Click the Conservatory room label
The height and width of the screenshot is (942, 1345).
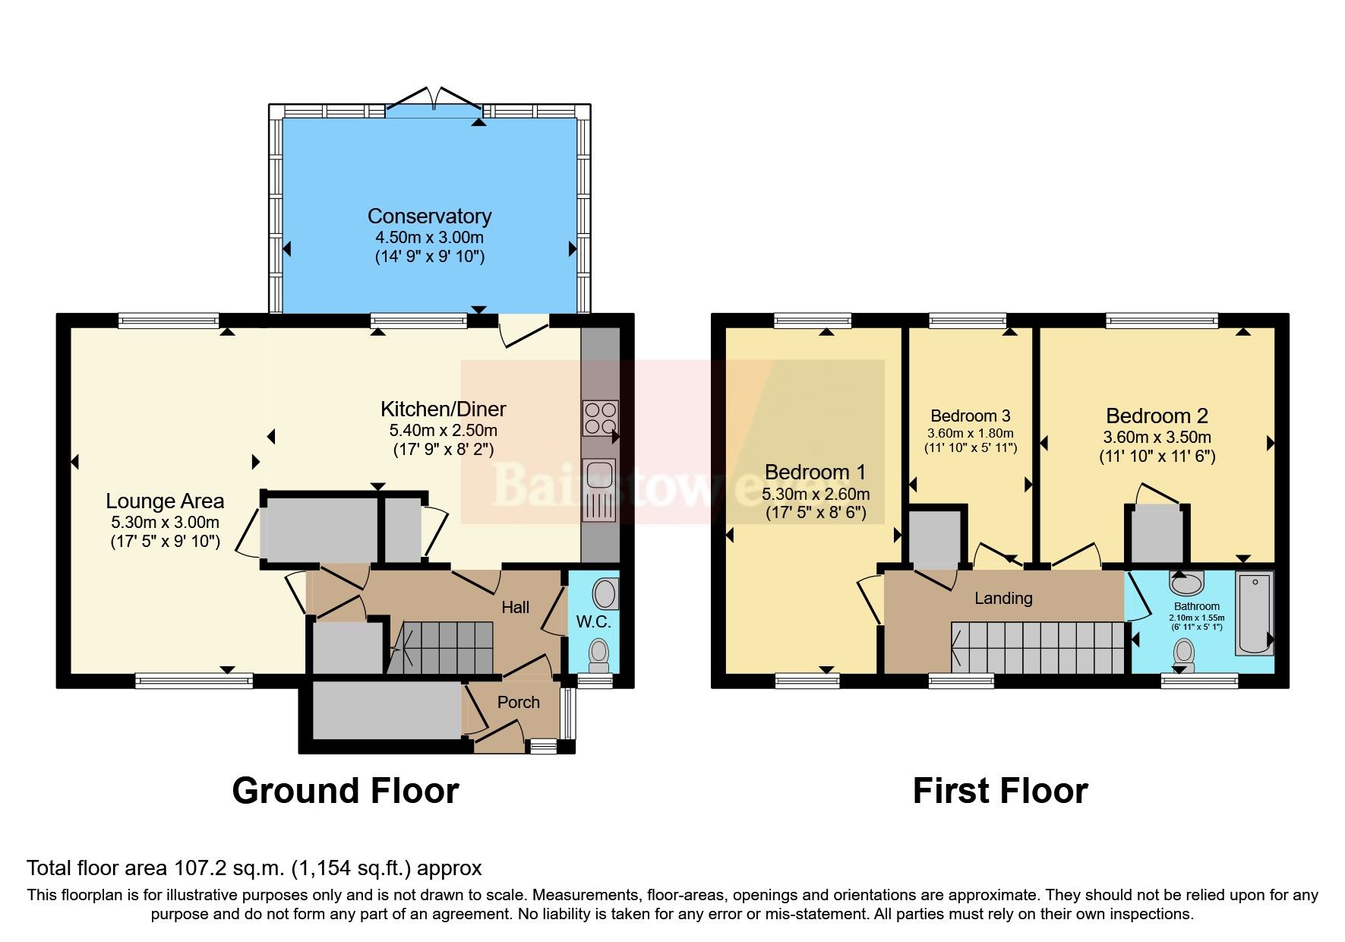pyautogui.click(x=429, y=217)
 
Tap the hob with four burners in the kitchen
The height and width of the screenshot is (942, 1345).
pyautogui.click(x=599, y=418)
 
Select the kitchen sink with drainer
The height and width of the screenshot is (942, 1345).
pyautogui.click(x=598, y=489)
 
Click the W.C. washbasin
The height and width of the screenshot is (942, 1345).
pyautogui.click(x=605, y=593)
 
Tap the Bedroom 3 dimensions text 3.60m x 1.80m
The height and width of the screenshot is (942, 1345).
pyautogui.click(x=970, y=433)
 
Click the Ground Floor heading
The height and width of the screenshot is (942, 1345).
pyautogui.click(x=345, y=791)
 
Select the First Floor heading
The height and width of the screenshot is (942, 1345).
pyautogui.click(x=999, y=791)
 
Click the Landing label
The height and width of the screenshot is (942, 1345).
pyautogui.click(x=1003, y=599)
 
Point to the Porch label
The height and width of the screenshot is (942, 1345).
pyautogui.click(x=518, y=703)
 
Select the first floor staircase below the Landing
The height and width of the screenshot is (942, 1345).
pyautogui.click(x=1037, y=647)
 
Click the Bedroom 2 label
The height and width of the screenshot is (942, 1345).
pyautogui.click(x=1156, y=416)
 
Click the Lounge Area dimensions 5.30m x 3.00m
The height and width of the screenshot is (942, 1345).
pyautogui.click(x=165, y=523)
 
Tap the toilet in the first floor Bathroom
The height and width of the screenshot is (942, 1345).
pyautogui.click(x=1182, y=653)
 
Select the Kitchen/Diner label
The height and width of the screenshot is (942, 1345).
pyautogui.click(x=443, y=409)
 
